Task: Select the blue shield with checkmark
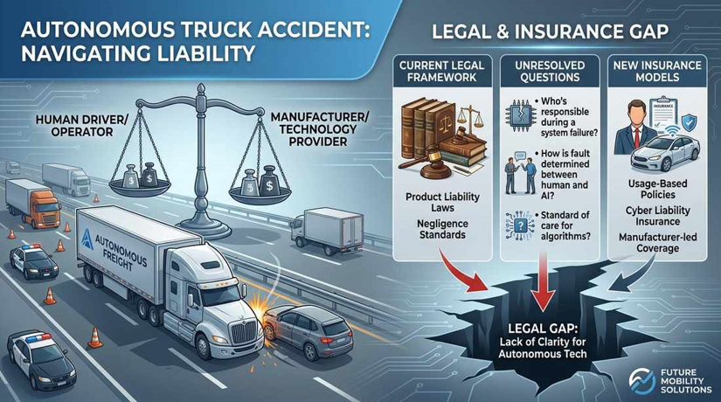[x=689, y=122]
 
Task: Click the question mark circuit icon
[x=520, y=225]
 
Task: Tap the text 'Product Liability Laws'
[x=442, y=203]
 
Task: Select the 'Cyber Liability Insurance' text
[x=657, y=216]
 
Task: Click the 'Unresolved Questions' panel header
[x=550, y=71]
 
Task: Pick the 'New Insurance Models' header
[x=657, y=71]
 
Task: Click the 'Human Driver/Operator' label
[x=81, y=126]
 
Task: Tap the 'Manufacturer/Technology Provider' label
[x=320, y=129]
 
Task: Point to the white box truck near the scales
[x=327, y=231]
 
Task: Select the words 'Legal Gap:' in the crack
[x=543, y=329]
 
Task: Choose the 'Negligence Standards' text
[x=442, y=229]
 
